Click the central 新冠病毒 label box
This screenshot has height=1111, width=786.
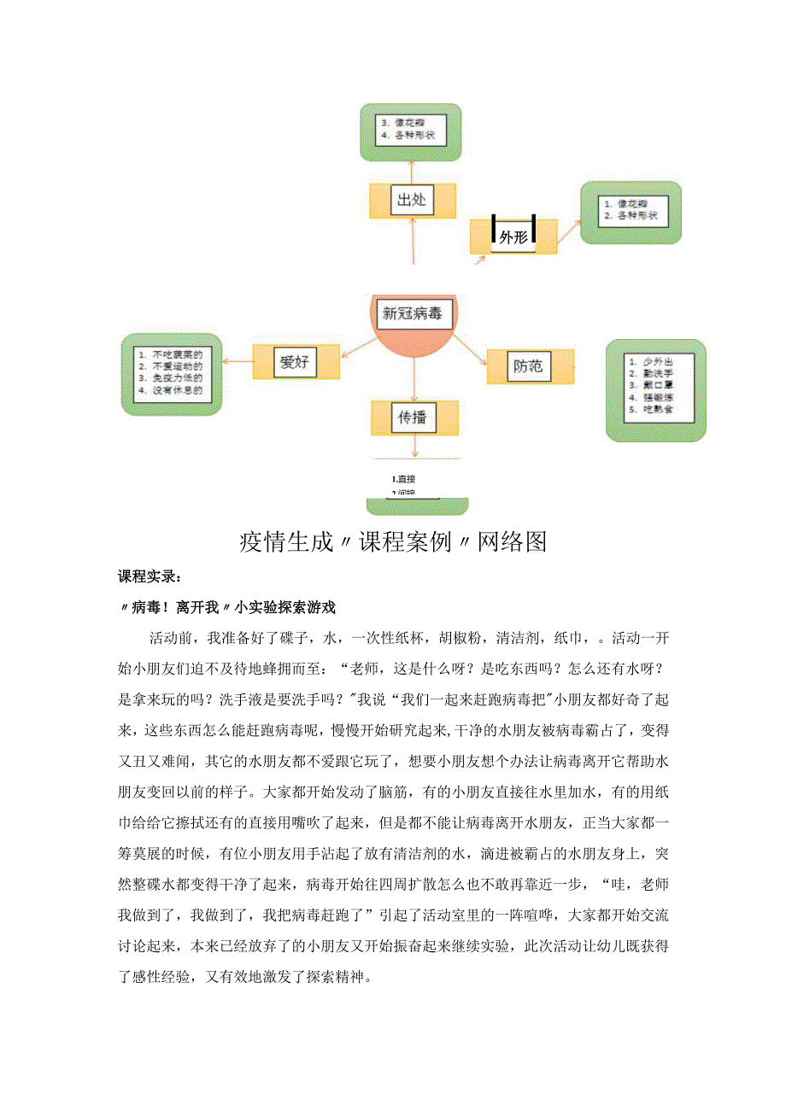414,313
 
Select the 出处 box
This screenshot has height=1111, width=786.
412,201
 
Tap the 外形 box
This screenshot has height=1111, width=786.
513,237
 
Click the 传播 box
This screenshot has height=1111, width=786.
414,418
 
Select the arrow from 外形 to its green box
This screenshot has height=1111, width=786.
568,230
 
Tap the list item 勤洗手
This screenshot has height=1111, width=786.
658,372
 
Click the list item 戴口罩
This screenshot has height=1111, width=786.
658,384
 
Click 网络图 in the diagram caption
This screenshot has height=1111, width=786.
512,541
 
